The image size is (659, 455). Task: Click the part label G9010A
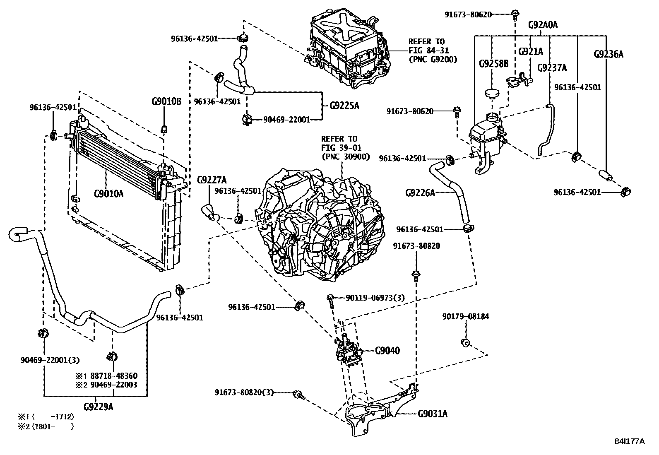[109, 193]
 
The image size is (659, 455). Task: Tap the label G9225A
[344, 106]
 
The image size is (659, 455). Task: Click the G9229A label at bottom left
[98, 407]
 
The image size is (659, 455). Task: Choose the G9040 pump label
[387, 351]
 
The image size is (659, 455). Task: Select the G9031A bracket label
[433, 413]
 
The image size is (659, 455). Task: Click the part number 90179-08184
[465, 316]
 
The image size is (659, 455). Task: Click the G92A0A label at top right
[543, 25]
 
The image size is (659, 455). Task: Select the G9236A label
[608, 54]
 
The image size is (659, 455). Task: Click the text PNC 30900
[345, 156]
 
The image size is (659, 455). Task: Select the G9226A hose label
[420, 193]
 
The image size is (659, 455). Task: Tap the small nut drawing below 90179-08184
[465, 342]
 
